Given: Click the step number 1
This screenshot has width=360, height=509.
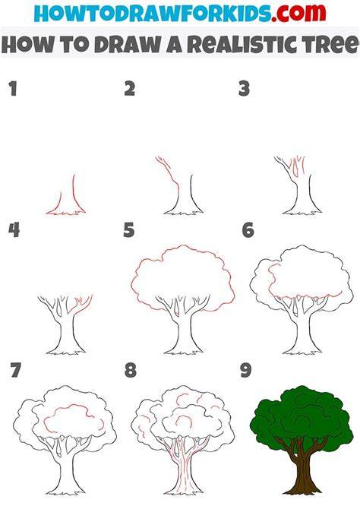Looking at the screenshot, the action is point(13,89).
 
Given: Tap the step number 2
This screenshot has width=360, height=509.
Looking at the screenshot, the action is point(130,89).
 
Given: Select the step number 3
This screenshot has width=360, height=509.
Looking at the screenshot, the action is point(244,89).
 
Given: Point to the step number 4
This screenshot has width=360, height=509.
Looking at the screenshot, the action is point(14,230).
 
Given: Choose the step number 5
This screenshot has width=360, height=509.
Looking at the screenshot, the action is point(129,230).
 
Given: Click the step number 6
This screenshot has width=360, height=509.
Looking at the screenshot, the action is point(248,230).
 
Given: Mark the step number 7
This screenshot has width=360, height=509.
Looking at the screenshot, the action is point(16,370).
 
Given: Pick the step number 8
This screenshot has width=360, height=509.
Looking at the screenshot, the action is point(130,370).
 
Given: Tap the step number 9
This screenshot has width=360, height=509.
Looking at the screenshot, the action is point(246,370).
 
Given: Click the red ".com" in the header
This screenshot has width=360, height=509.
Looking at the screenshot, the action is point(298,13).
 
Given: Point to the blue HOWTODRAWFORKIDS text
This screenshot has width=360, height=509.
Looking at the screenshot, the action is point(152,14).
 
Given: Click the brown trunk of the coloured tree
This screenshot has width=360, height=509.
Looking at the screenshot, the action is point(300,467).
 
